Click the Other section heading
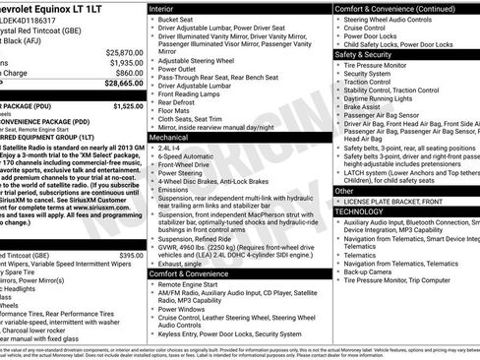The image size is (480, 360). coord(344,191)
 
